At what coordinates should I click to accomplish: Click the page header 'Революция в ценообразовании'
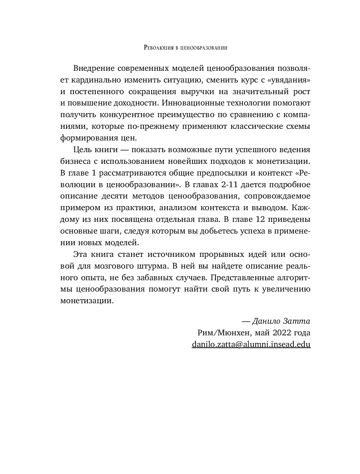186,47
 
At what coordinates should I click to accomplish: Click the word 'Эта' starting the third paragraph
80,254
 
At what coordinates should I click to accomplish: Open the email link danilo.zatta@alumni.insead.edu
251,344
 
